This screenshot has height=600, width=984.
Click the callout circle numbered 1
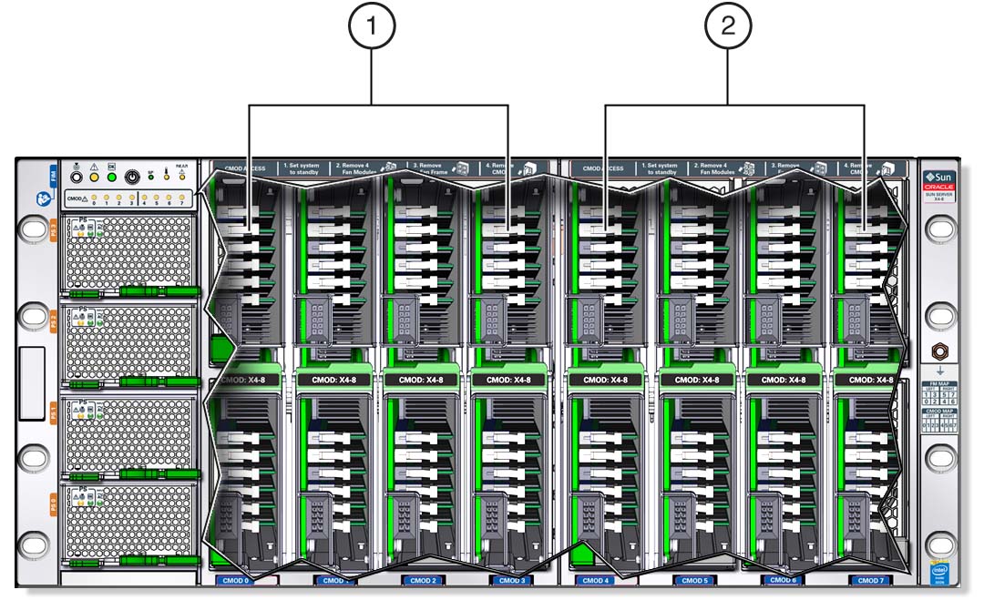click(370, 28)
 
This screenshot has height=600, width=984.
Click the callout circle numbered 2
click(728, 28)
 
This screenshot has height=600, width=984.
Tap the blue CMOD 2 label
click(423, 580)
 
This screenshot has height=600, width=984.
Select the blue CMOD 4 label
click(595, 580)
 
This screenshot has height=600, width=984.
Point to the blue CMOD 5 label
click(694, 580)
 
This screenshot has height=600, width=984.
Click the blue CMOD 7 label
click(869, 580)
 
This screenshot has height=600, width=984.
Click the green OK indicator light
click(111, 177)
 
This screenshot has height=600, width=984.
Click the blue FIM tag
click(51, 175)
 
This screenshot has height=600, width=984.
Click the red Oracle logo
click(938, 186)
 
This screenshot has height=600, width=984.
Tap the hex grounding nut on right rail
click(938, 351)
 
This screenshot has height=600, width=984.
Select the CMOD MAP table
click(938, 424)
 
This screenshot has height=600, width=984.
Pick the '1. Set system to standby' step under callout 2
click(659, 168)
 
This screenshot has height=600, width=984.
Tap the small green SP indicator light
click(151, 177)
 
